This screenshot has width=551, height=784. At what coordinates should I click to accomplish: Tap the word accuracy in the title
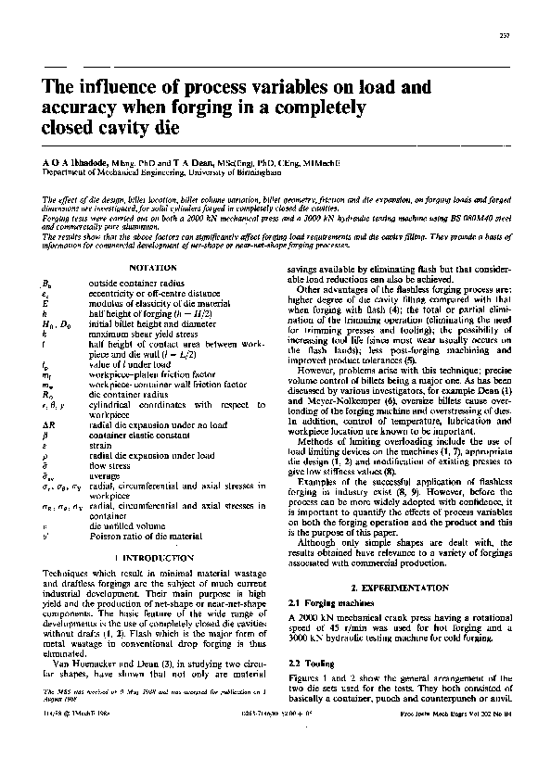(83, 108)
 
